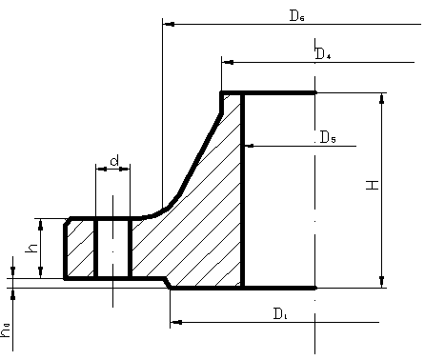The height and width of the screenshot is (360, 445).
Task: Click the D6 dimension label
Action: click(x=297, y=15)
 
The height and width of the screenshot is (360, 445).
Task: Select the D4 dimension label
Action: click(x=323, y=53)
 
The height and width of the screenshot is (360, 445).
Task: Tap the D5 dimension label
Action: click(x=328, y=137)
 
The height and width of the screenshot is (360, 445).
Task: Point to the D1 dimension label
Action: click(x=280, y=314)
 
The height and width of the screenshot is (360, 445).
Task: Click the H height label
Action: click(x=373, y=185)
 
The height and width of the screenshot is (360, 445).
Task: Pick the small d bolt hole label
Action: click(x=114, y=161)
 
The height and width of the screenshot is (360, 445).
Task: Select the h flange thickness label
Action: click(x=31, y=249)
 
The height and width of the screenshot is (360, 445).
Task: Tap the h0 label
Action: click(x=6, y=330)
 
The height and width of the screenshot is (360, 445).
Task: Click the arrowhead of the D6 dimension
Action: click(x=169, y=24)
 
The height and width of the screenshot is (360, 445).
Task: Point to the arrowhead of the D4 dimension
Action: click(x=228, y=62)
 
